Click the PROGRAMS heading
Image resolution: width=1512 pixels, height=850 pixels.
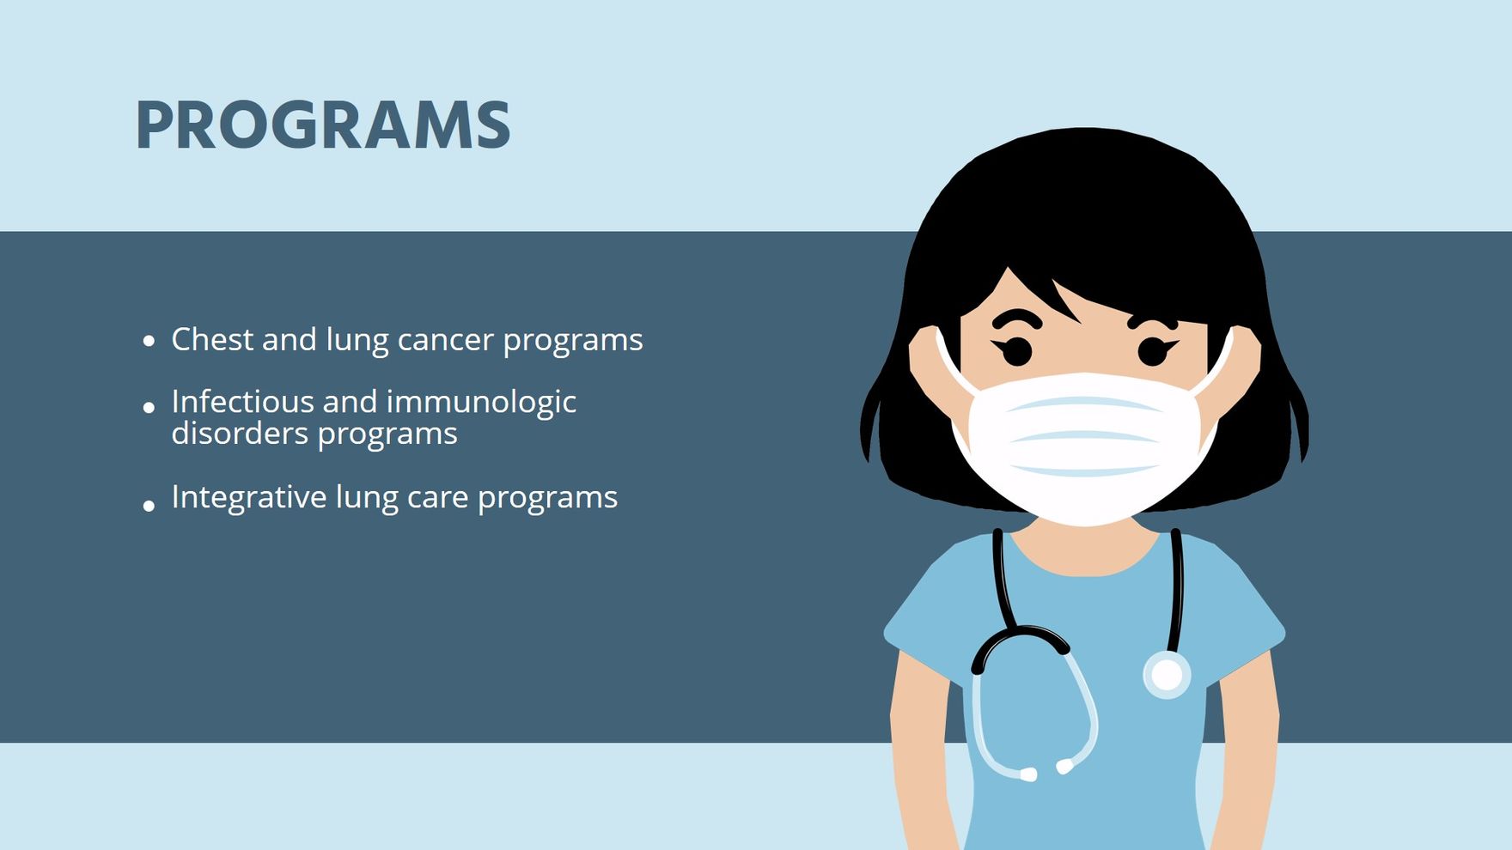323,125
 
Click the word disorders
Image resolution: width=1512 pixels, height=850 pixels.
240,433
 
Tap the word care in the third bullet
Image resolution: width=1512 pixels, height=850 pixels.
437,499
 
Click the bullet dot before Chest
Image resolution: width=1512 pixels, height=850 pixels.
149,341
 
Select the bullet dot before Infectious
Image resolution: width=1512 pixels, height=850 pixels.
149,407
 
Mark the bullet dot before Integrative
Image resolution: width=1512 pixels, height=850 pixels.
149,506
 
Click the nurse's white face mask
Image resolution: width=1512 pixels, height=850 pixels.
1084,446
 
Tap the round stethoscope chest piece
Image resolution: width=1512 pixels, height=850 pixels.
1167,675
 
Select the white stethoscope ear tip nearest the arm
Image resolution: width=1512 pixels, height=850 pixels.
1027,774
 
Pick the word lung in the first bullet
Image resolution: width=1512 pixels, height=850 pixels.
357,342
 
